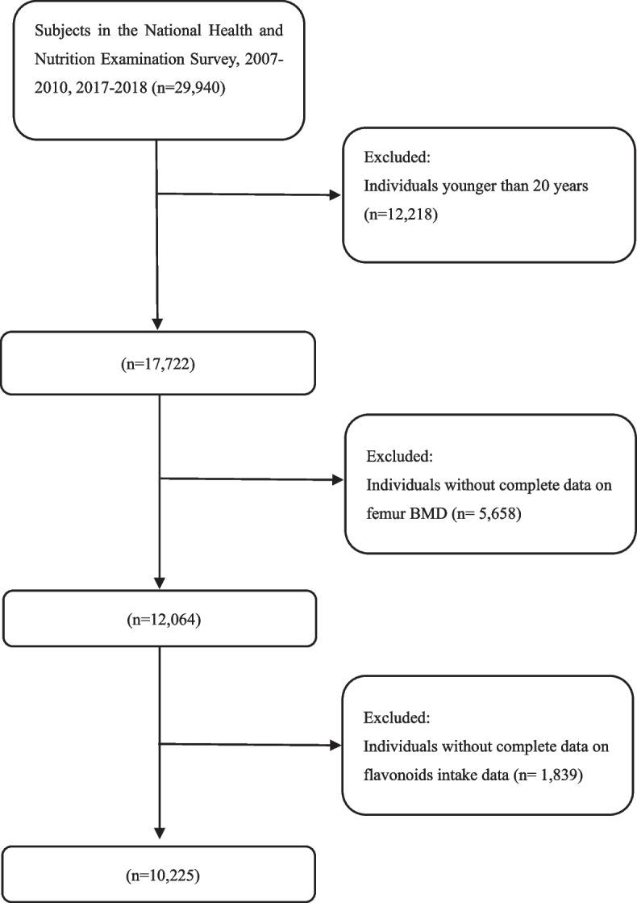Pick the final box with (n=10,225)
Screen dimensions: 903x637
click(158, 873)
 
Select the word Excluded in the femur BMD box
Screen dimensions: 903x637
click(400, 457)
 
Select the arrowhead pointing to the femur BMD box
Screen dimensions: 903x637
click(336, 480)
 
